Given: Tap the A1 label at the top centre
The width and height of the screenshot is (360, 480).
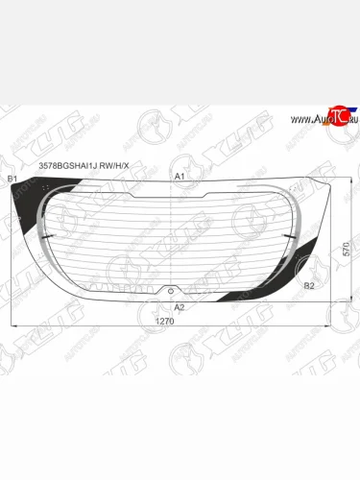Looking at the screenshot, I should point(179,178).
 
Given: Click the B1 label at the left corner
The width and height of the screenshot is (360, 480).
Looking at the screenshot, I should point(12,180).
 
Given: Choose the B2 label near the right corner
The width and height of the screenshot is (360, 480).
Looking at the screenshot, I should point(307,286).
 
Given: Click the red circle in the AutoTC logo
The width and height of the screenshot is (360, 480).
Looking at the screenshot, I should point(336,113).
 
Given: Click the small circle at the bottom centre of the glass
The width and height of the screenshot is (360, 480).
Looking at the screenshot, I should point(171,290).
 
